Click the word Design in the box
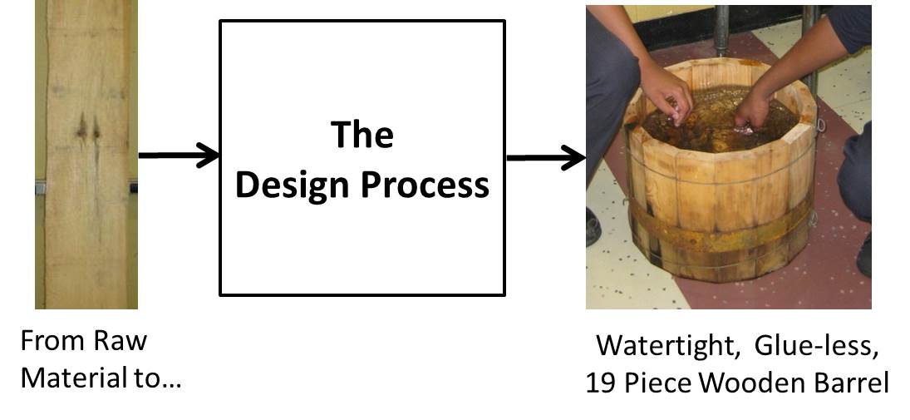(291, 185)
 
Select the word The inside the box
(362, 134)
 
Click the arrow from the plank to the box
(178, 156)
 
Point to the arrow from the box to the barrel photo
(545, 156)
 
